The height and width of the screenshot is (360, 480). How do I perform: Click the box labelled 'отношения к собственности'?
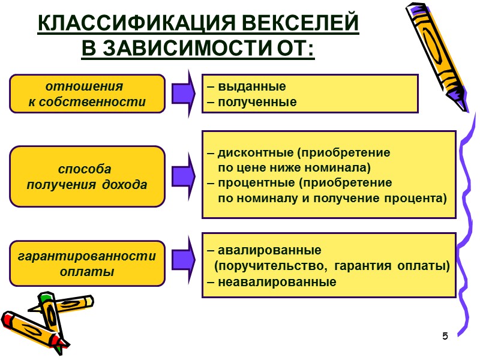[87, 94]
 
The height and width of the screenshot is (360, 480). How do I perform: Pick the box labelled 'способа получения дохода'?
[87, 176]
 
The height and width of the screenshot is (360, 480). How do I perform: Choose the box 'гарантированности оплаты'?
[87, 264]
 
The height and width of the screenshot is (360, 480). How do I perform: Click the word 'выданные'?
[252, 86]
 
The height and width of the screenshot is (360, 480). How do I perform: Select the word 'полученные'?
[257, 102]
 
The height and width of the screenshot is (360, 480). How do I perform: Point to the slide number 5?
[445, 335]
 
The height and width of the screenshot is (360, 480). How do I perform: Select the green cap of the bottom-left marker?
[46, 296]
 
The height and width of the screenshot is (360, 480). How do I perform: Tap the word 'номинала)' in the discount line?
[344, 166]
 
